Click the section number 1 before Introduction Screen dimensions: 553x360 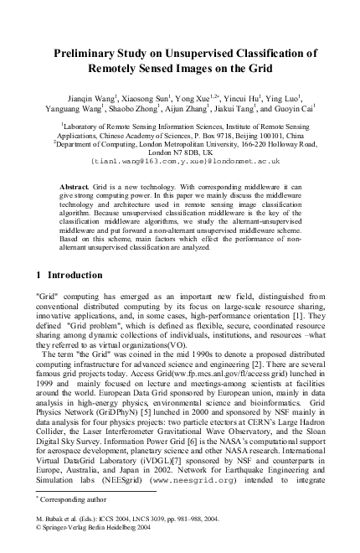[x=42, y=275]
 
